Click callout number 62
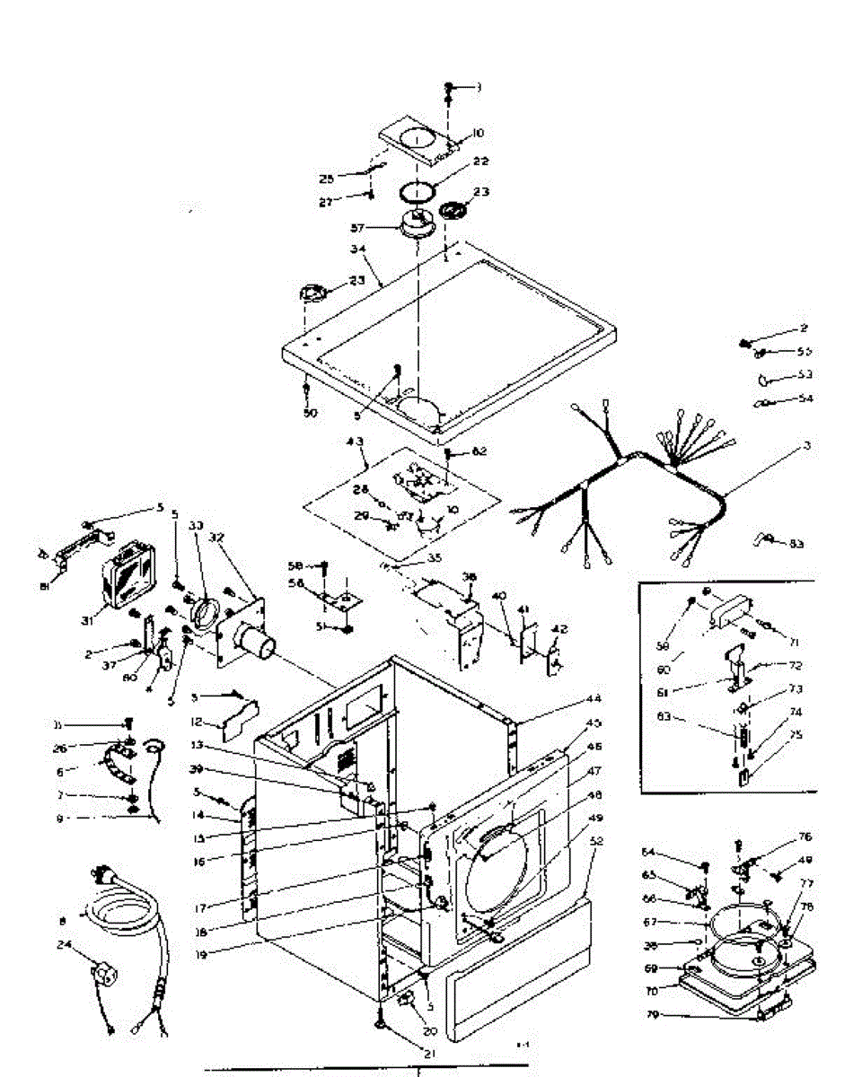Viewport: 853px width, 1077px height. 479,451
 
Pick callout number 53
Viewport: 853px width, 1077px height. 805,373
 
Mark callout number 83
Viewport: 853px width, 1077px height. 797,544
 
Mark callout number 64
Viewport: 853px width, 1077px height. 672,852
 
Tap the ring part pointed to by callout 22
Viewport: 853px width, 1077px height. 418,192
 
